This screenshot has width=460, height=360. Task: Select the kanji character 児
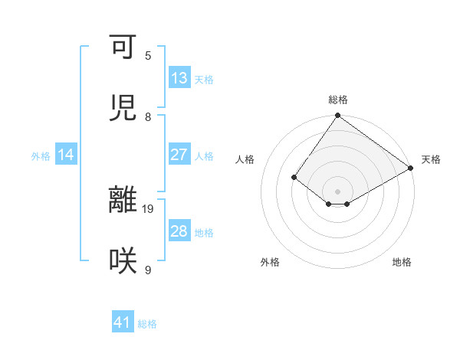pyautogui.click(x=123, y=107)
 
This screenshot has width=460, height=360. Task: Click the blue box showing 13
pyautogui.click(x=179, y=78)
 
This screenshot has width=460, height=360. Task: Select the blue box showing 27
pyautogui.click(x=179, y=155)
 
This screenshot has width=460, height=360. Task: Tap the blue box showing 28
pyautogui.click(x=179, y=231)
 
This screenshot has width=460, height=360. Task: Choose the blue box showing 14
pyautogui.click(x=66, y=155)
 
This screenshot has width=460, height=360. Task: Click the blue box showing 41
pyautogui.click(x=123, y=322)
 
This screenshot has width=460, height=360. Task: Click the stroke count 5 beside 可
pyautogui.click(x=148, y=55)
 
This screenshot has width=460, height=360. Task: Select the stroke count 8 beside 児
pyautogui.click(x=148, y=116)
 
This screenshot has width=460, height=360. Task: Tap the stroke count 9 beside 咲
pyautogui.click(x=148, y=269)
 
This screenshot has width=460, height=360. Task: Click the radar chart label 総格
pyautogui.click(x=338, y=100)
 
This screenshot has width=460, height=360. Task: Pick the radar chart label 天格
pyautogui.click(x=431, y=159)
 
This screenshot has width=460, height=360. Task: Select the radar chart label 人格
pyautogui.click(x=245, y=159)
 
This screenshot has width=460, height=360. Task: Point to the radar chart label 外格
pyautogui.click(x=270, y=263)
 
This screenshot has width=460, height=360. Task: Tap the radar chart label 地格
pyautogui.click(x=402, y=263)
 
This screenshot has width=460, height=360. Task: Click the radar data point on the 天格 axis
pyautogui.click(x=411, y=168)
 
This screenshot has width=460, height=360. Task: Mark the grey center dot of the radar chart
pyautogui.click(x=338, y=191)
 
